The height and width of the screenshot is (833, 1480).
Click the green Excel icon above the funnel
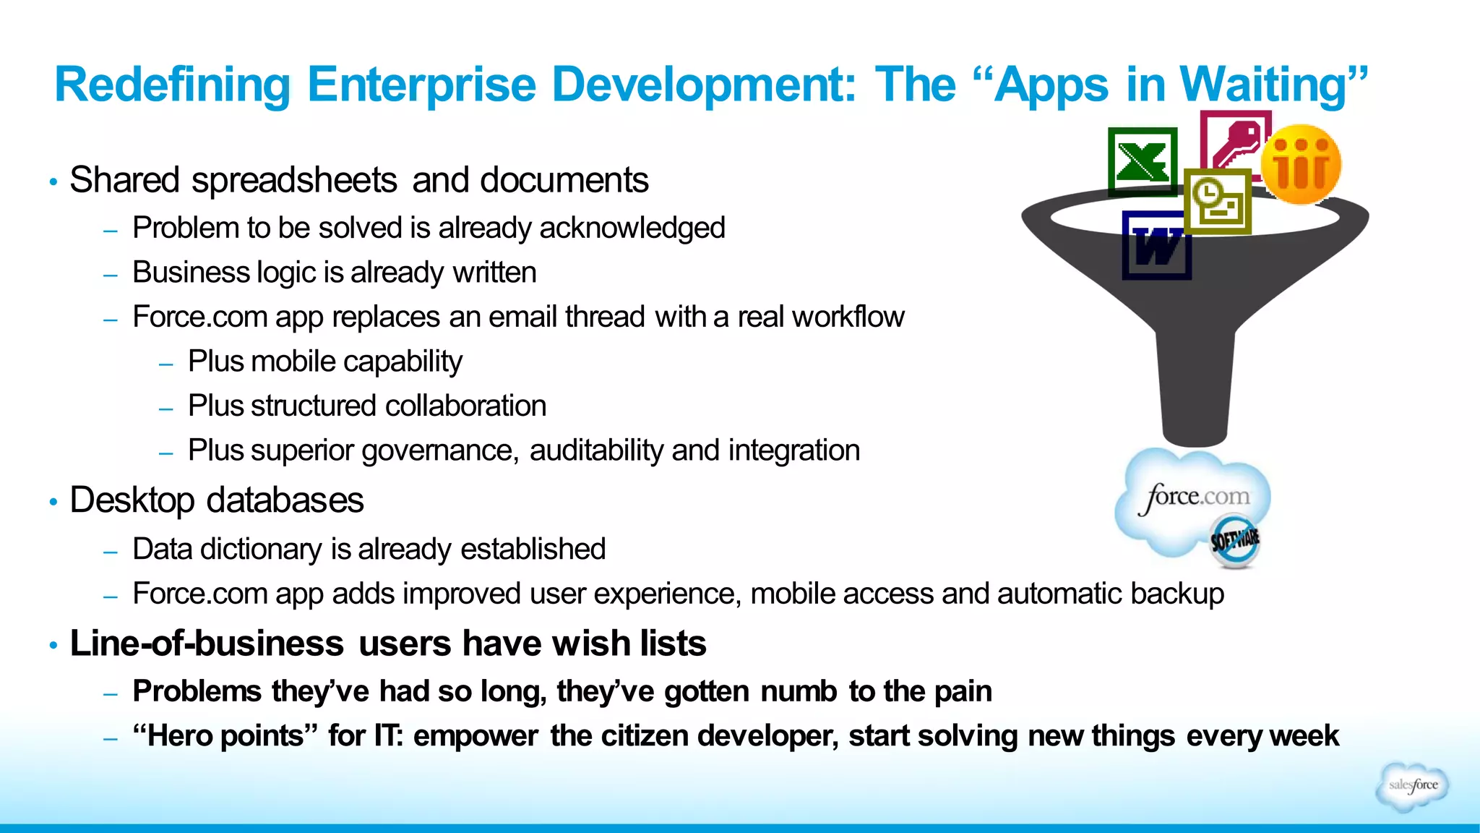pos(1143,162)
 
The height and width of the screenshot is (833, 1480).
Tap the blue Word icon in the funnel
pos(1156,246)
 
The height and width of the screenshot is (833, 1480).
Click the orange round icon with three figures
pos(1301,164)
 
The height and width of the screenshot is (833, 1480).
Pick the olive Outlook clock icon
pos(1218,202)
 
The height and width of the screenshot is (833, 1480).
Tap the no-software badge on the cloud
pos(1235,540)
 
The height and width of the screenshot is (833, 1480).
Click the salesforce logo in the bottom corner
pos(1412,785)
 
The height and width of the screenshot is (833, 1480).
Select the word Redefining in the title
pos(172,85)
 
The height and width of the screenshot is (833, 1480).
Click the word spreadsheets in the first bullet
pos(294,180)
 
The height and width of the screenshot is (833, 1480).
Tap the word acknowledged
pos(632,228)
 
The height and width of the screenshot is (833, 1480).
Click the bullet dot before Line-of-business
pos(53,645)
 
